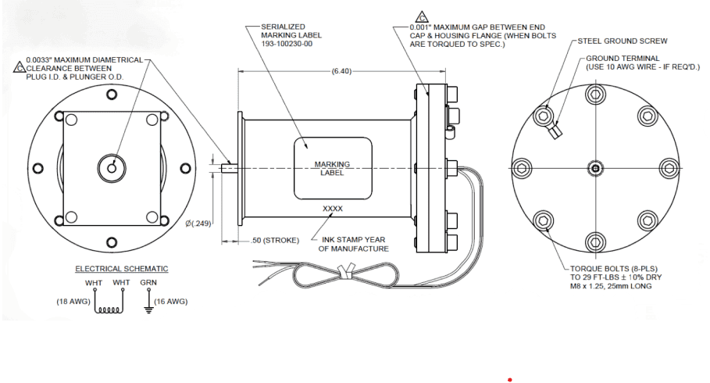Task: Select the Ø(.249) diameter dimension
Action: (x=198, y=224)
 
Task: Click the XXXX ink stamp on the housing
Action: (x=332, y=209)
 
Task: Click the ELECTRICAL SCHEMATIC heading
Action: (x=121, y=269)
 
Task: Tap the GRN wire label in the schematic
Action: (x=148, y=282)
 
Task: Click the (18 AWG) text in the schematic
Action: (x=73, y=301)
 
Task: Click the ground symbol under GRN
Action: (x=148, y=308)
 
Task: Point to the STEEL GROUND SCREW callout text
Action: (x=623, y=41)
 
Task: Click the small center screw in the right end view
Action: (x=595, y=168)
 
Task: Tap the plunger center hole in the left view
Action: (x=112, y=166)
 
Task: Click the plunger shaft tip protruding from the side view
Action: (x=227, y=167)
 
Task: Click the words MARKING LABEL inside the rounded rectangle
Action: (x=332, y=168)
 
